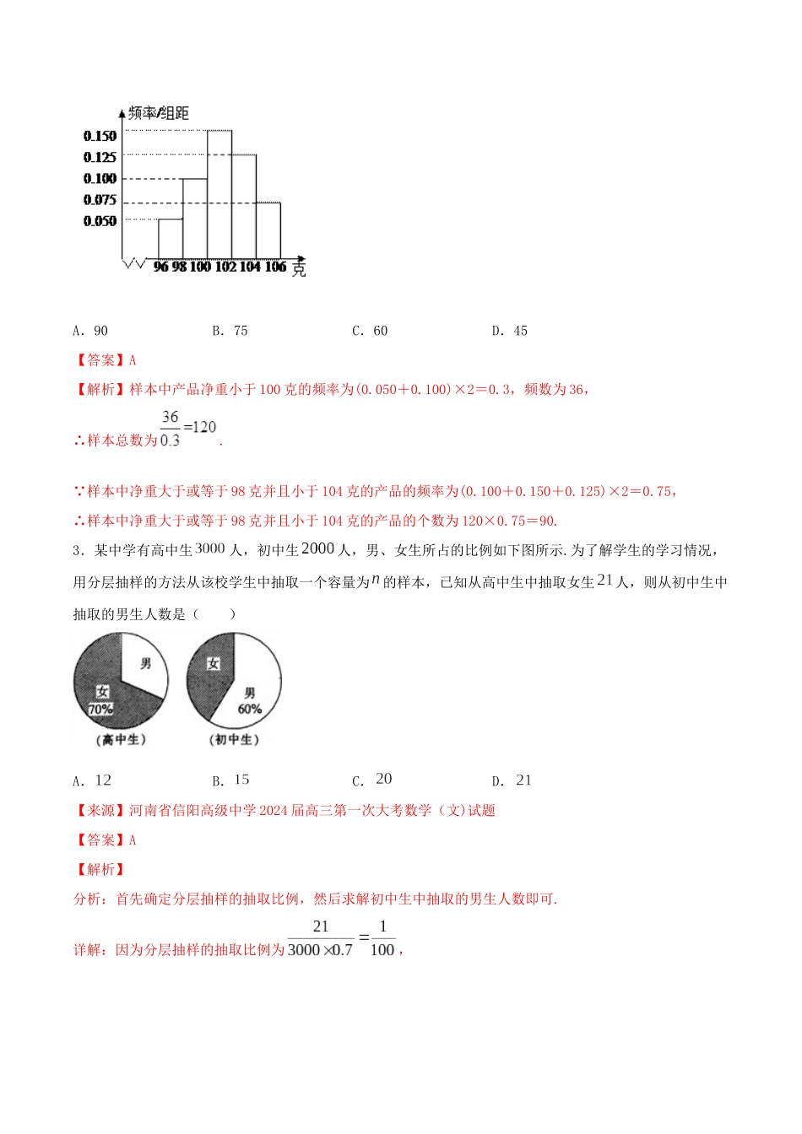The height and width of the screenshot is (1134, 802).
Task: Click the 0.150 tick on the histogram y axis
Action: click(x=100, y=136)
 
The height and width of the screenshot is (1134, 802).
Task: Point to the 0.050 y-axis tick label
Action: click(x=100, y=221)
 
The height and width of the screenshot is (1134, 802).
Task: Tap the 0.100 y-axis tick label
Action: click(x=100, y=179)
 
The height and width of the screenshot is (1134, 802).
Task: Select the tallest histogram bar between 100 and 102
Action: click(x=219, y=194)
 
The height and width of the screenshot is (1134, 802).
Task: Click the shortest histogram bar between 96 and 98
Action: click(x=171, y=239)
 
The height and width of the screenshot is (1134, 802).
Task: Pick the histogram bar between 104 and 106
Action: click(x=268, y=230)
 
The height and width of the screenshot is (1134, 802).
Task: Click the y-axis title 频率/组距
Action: click(x=159, y=113)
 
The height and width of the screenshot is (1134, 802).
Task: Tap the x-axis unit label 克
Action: click(x=299, y=269)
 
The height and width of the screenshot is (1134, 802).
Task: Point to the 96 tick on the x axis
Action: click(x=161, y=267)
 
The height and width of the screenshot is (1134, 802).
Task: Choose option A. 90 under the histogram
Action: click(x=91, y=331)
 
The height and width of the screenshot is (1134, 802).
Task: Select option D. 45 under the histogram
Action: click(x=510, y=331)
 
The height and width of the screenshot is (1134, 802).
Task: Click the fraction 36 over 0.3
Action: click(x=171, y=429)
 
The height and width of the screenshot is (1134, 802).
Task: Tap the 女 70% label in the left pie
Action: click(x=101, y=701)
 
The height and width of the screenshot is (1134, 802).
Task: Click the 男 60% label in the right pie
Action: click(x=250, y=701)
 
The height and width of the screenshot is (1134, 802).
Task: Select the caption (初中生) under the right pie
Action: click(x=234, y=740)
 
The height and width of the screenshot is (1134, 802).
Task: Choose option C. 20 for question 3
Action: click(x=372, y=780)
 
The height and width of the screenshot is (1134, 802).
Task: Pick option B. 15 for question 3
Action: click(x=231, y=780)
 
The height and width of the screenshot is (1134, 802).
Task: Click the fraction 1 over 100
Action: click(x=382, y=937)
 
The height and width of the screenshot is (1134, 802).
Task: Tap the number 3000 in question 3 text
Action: click(x=210, y=548)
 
